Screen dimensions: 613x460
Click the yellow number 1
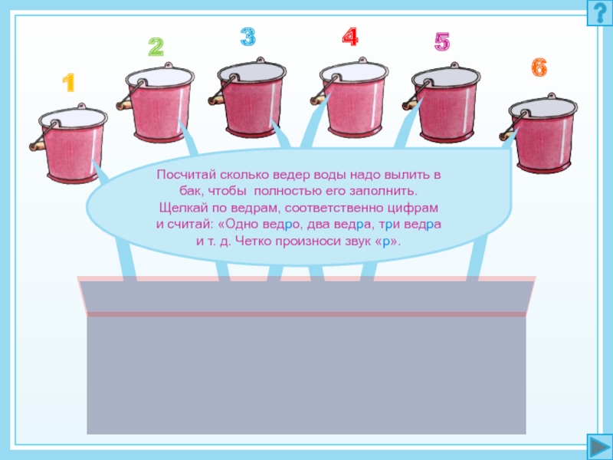click(x=69, y=83)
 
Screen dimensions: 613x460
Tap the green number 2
click(x=156, y=47)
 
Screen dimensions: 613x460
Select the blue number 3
click(x=247, y=37)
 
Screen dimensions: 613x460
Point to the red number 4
click(x=350, y=37)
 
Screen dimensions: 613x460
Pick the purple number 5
click(x=442, y=42)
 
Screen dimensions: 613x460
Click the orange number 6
click(x=539, y=67)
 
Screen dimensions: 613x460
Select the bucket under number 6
click(x=539, y=133)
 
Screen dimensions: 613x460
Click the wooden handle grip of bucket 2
click(x=124, y=105)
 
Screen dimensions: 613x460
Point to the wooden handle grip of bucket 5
click(x=411, y=105)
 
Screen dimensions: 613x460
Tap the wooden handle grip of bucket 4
click(x=319, y=100)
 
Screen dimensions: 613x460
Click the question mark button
click(x=600, y=13)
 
